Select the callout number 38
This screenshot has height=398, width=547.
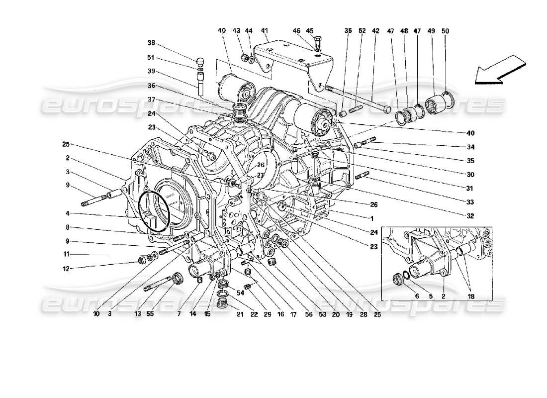point(151,43)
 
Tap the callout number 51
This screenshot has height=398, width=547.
point(151,57)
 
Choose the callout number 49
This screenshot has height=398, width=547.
point(431,31)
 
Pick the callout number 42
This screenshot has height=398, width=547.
point(376,31)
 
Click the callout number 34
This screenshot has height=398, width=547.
point(470,147)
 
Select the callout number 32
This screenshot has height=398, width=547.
point(470,216)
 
